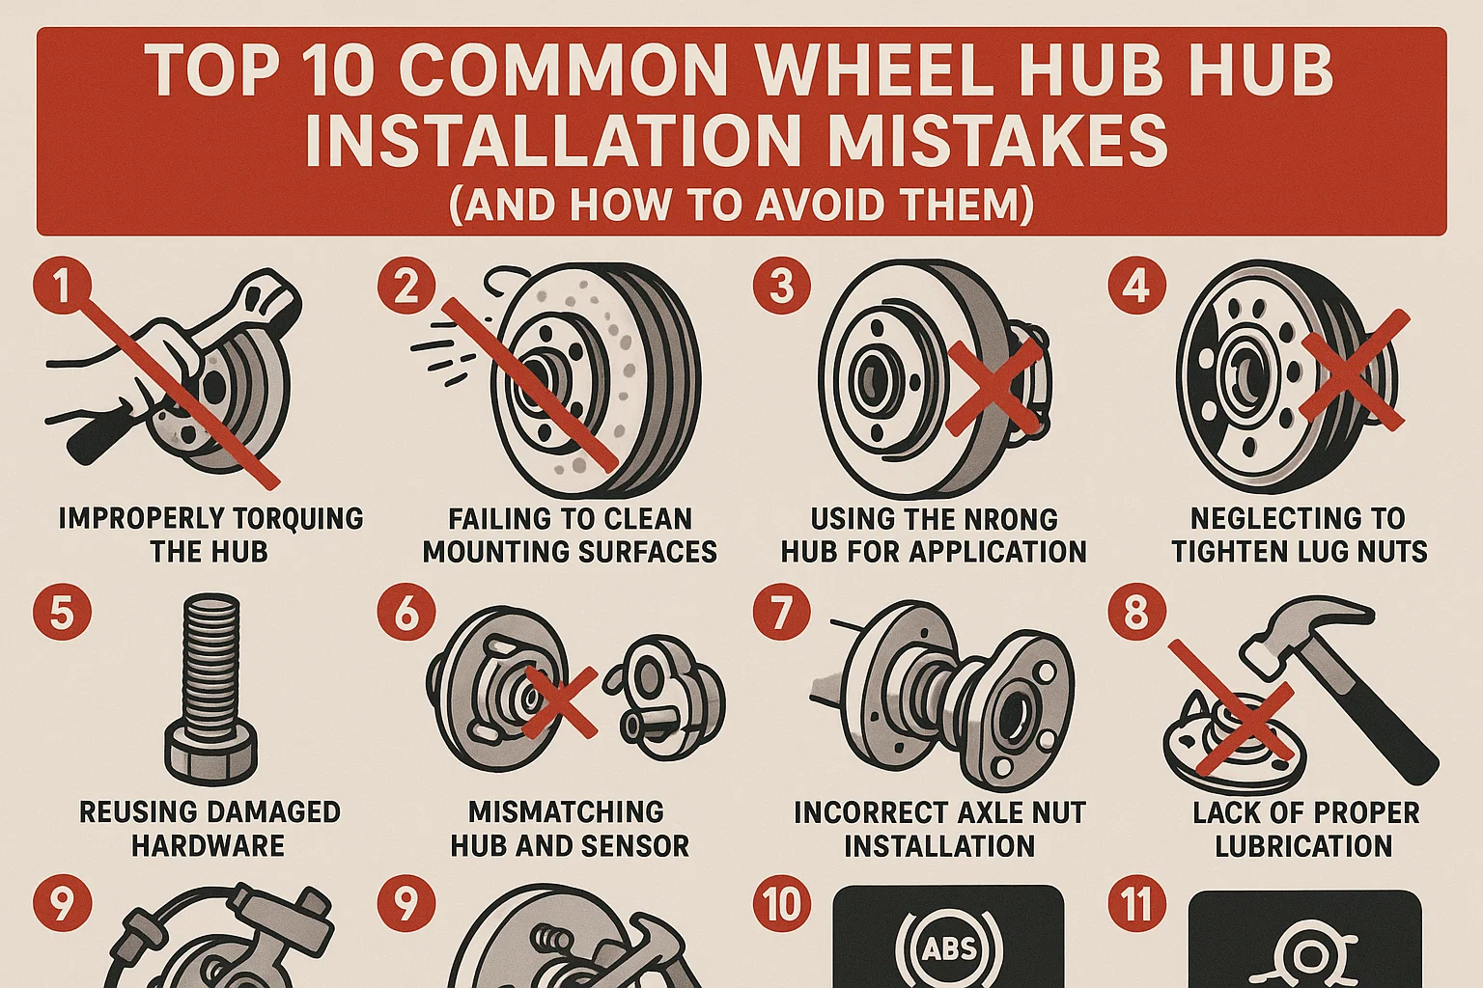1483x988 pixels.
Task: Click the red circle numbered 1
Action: [x=62, y=287]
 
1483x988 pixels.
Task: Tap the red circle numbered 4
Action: [x=1136, y=287]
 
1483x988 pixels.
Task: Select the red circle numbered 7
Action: [x=781, y=613]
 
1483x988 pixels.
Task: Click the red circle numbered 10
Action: [x=781, y=904]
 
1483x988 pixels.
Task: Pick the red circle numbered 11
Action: [x=1136, y=904]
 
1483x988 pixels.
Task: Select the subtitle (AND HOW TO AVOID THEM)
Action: [x=741, y=205]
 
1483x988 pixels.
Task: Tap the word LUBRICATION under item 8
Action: [x=1303, y=846]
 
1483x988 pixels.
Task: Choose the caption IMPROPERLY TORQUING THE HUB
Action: [x=210, y=535]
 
